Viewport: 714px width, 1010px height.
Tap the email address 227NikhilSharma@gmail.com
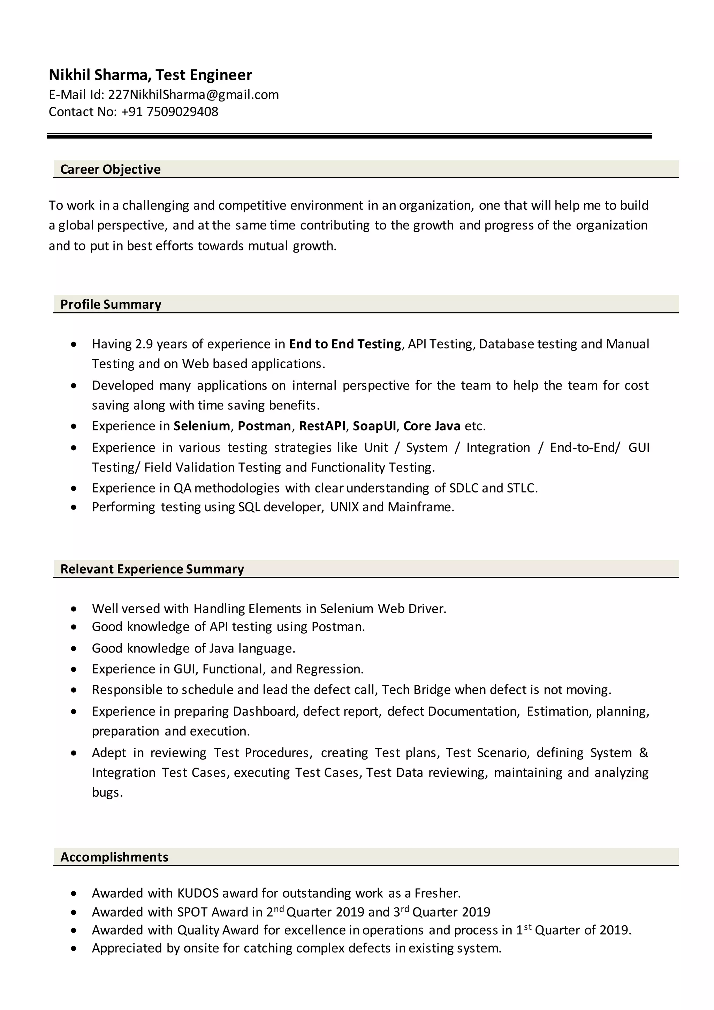[x=193, y=95]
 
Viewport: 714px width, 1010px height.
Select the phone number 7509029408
[x=182, y=112]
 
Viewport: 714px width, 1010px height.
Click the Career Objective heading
[x=111, y=169]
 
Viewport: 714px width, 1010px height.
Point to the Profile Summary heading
[x=111, y=304]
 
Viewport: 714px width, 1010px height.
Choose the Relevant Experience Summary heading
[x=152, y=569]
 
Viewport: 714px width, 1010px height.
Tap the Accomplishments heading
[x=114, y=857]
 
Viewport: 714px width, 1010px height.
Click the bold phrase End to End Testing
[x=345, y=344]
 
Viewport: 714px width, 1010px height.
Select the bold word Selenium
[x=202, y=426]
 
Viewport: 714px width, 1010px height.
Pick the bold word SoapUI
[x=374, y=426]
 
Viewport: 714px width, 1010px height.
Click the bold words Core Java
[x=432, y=426]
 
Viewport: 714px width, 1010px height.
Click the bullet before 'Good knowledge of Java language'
[x=74, y=648]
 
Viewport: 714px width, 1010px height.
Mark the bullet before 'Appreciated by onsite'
[x=74, y=948]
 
